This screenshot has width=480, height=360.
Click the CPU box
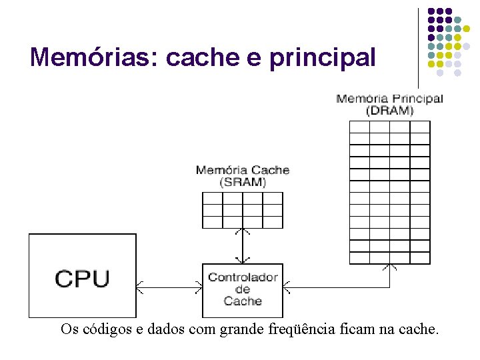pyautogui.click(x=82, y=275)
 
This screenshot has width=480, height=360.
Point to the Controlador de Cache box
pyautogui.click(x=243, y=289)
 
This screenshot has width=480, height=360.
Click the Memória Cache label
pyautogui.click(x=243, y=170)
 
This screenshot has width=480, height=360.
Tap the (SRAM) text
pyautogui.click(x=243, y=182)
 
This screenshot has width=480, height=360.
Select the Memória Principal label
pyautogui.click(x=389, y=99)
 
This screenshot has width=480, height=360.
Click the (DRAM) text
pyautogui.click(x=389, y=110)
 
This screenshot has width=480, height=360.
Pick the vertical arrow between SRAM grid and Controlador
pyautogui.click(x=243, y=246)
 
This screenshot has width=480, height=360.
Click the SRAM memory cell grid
pyautogui.click(x=243, y=211)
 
